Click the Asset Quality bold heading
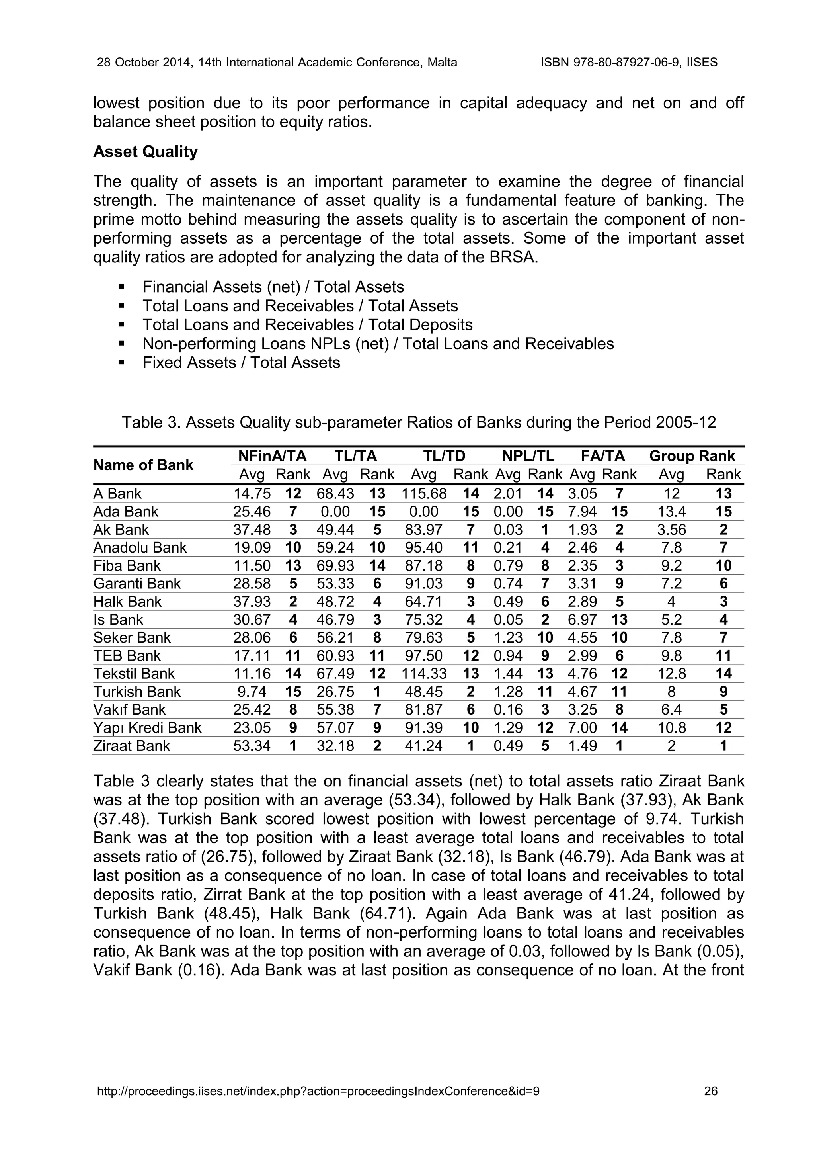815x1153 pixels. [x=146, y=152]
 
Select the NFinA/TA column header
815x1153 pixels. [x=272, y=456]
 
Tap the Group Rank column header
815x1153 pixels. [x=692, y=456]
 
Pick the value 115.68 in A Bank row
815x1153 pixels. [x=424, y=494]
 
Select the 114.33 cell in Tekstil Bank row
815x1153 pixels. [x=424, y=673]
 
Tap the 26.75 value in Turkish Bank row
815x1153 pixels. [x=335, y=692]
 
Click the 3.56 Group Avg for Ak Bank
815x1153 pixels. [x=671, y=530]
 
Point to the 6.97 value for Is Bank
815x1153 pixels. [x=582, y=619]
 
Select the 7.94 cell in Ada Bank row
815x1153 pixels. [x=582, y=512]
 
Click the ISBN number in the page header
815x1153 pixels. [x=629, y=62]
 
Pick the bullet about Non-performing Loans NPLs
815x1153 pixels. [x=378, y=344]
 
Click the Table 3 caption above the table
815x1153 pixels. [x=419, y=422]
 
